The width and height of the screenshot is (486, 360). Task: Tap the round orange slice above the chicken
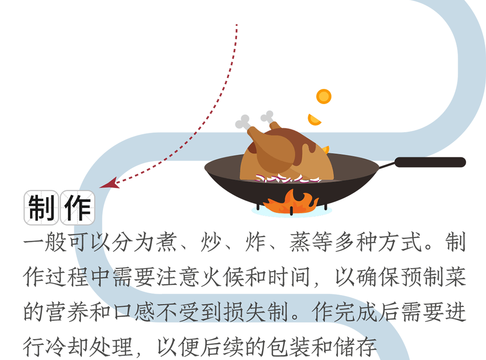[x=324, y=96]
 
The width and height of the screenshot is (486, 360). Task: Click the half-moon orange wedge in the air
[x=314, y=120]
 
